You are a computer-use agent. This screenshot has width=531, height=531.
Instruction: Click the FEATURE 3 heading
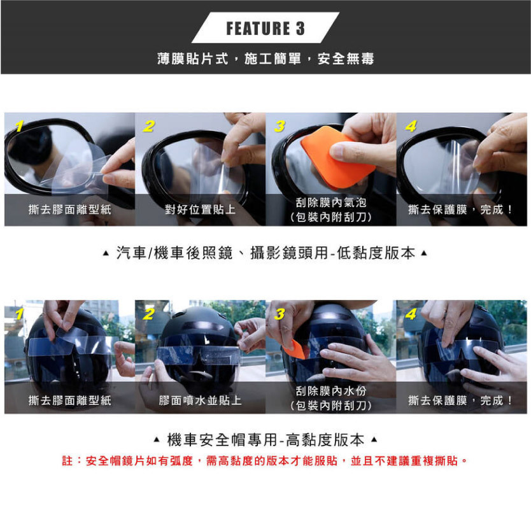click(x=265, y=28)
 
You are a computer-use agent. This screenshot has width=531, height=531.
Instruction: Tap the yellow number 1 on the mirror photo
click(x=19, y=126)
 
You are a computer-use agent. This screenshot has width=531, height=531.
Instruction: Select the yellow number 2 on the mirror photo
click(x=148, y=126)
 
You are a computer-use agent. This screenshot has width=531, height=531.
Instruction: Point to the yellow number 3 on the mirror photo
click(x=280, y=126)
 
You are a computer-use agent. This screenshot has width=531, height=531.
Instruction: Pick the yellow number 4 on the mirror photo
click(x=411, y=126)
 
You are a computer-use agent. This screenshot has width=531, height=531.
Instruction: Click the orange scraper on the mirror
click(x=336, y=157)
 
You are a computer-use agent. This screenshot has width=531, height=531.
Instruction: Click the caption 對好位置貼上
click(x=200, y=209)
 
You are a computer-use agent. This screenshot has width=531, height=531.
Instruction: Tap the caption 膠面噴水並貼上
click(x=200, y=400)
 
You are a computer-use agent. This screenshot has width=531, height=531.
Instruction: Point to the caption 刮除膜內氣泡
click(x=331, y=202)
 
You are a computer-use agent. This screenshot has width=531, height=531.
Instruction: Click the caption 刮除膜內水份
click(x=331, y=391)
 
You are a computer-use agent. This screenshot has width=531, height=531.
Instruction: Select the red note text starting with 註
click(x=265, y=461)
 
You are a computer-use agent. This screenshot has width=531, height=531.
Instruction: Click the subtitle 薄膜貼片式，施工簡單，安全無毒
click(x=265, y=59)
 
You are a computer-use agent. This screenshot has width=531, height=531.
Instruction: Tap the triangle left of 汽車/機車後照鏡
click(x=106, y=253)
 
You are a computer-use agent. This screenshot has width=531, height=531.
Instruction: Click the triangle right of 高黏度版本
click(x=374, y=440)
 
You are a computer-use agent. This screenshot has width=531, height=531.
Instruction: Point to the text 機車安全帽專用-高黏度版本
click(x=265, y=440)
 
